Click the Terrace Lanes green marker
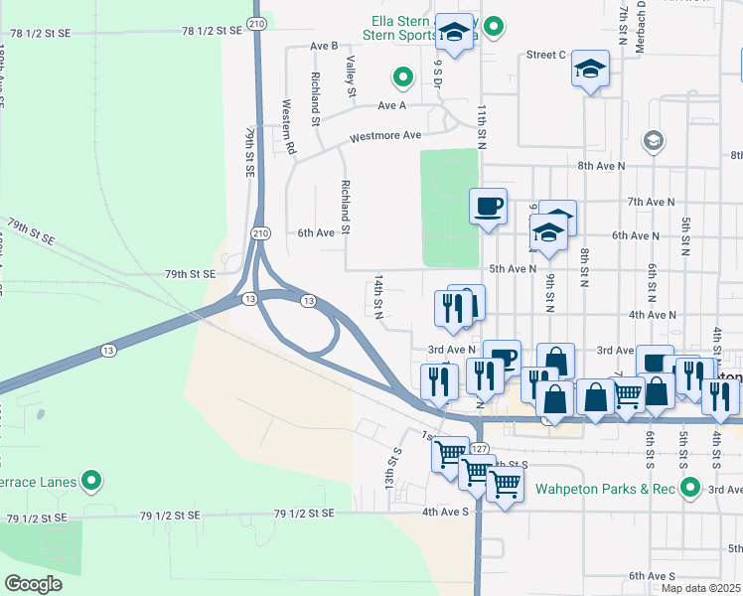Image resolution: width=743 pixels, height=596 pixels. [x=91, y=482]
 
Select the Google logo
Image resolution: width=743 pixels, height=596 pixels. [x=34, y=584]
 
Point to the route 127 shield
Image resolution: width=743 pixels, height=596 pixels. [x=479, y=450]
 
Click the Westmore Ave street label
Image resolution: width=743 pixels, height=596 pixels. [x=384, y=135]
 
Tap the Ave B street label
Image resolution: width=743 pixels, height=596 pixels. [x=324, y=46]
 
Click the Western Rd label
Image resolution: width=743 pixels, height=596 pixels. [x=288, y=125]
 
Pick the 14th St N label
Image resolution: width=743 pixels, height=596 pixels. [x=378, y=302]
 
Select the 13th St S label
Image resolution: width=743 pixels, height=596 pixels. [x=395, y=466]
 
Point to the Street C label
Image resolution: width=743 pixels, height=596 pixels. [x=546, y=55]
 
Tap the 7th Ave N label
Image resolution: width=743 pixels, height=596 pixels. [x=652, y=202]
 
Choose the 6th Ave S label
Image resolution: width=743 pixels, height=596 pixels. [x=651, y=576]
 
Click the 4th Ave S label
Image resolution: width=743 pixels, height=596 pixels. [x=444, y=512]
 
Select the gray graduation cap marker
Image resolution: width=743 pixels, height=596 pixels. [x=653, y=140]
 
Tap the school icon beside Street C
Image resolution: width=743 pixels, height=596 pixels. [x=591, y=69]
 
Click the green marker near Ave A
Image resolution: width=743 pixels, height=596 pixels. [x=402, y=75]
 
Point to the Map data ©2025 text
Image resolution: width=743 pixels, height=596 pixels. [x=700, y=588]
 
